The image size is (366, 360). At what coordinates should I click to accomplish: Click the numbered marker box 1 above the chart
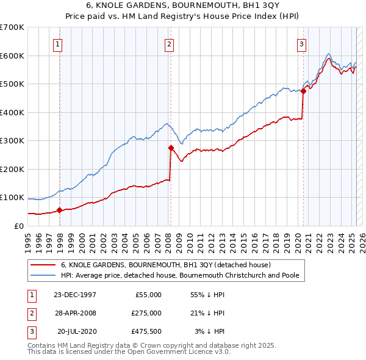coord(57,43)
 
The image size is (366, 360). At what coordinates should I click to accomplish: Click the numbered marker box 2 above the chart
coord(168,43)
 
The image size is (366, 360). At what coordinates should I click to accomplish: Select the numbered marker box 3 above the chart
coord(301,43)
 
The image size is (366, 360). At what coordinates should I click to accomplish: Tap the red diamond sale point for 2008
coord(171,148)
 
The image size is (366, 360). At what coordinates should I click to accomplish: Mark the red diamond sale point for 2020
coord(303,91)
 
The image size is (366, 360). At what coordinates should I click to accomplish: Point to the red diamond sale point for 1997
coord(60,210)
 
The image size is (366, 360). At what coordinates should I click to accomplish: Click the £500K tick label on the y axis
coord(12,84)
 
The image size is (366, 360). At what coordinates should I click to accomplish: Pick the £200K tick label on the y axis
coord(12,169)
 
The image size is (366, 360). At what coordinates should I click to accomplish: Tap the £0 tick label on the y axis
coord(18,226)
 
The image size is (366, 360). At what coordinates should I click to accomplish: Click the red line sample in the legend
coord(43,265)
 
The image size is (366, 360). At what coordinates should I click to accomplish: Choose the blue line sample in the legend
coord(43,275)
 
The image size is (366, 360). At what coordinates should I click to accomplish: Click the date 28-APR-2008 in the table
coord(74,313)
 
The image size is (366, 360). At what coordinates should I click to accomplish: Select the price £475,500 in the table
coord(146,332)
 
